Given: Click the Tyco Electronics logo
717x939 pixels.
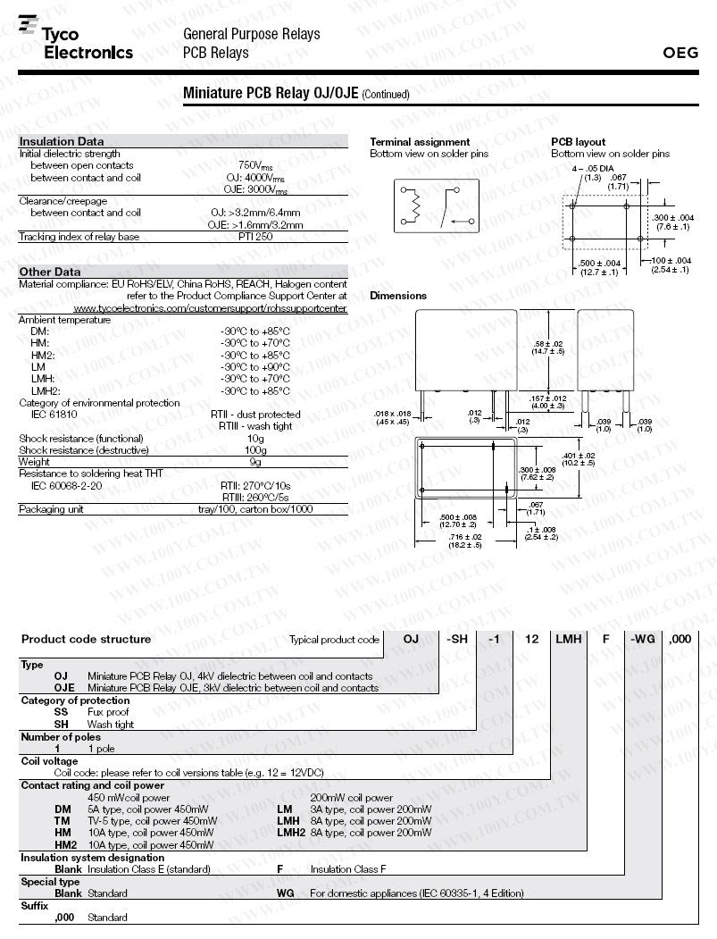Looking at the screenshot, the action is click(75, 39).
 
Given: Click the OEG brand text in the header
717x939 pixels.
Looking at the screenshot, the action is click(680, 53).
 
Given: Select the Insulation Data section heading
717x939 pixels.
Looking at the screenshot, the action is click(62, 141).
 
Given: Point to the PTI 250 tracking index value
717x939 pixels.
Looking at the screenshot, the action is click(255, 237).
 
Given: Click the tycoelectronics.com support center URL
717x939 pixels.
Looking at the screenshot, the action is click(210, 308).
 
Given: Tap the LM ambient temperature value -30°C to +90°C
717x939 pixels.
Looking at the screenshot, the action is click(255, 366).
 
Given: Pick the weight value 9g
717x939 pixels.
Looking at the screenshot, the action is click(255, 462).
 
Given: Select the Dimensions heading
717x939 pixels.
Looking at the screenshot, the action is click(398, 296).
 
